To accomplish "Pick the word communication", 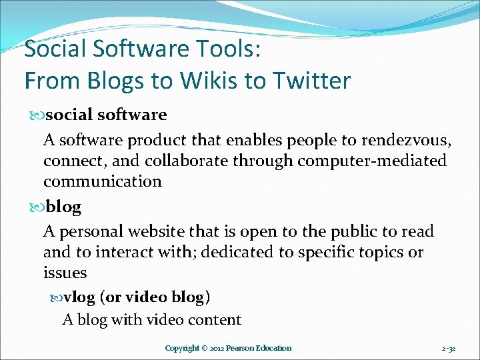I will (103, 181).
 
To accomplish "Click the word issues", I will (65, 273).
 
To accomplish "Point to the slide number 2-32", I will (448, 348).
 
